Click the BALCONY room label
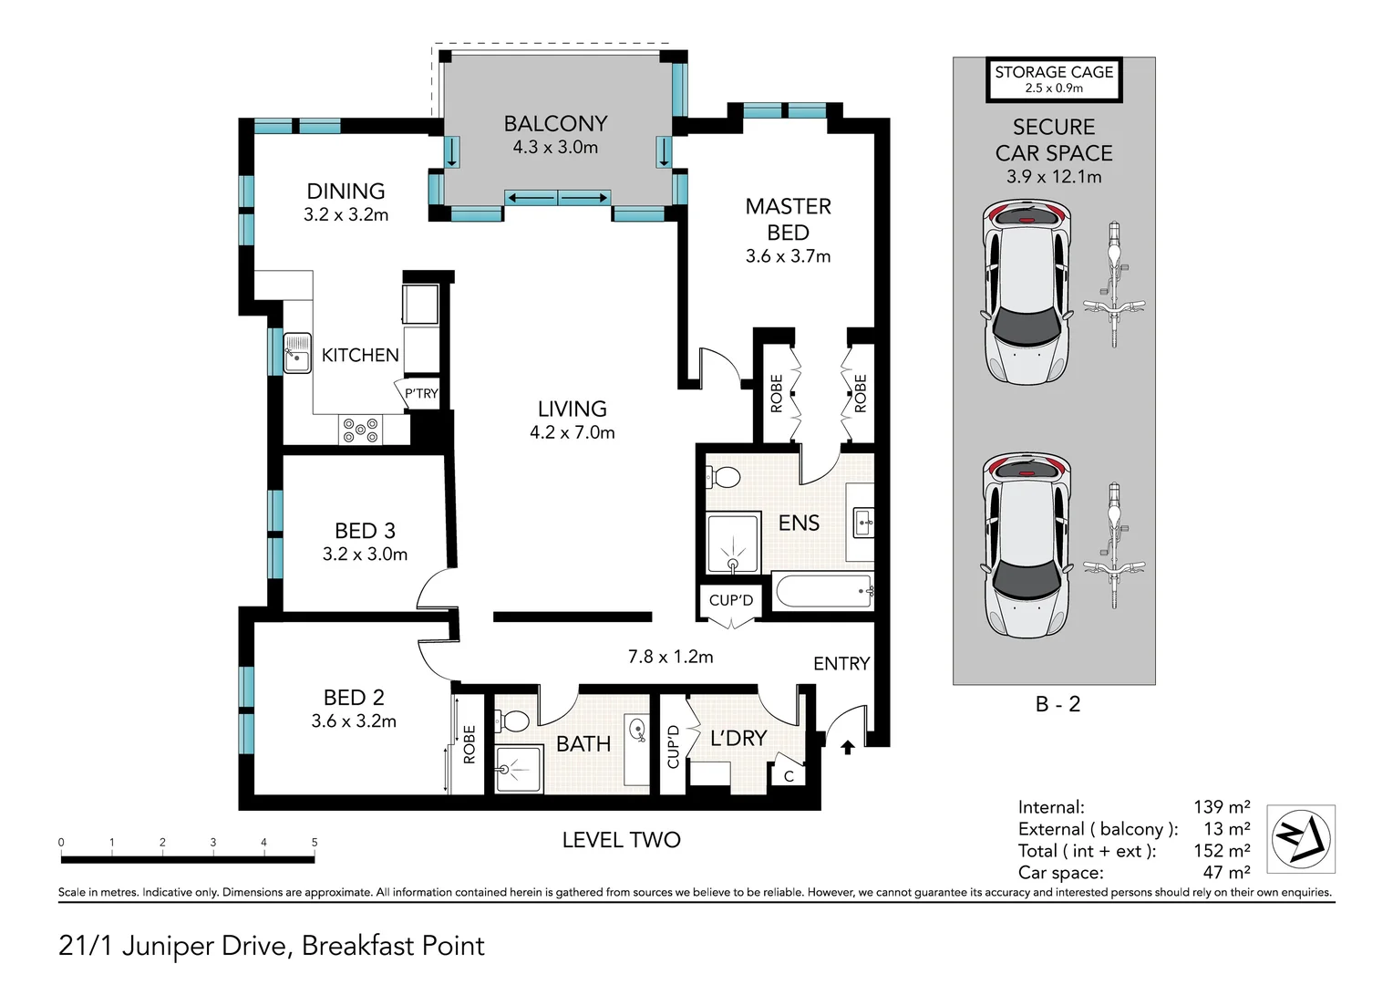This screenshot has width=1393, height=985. pos(555,124)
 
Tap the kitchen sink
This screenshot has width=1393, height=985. pos(297,353)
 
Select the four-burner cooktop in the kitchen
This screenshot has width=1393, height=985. pos(361,430)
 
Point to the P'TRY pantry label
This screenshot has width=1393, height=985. pos(421,393)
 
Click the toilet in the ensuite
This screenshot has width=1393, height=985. pos(723,478)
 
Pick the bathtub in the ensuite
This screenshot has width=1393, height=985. pos(822,590)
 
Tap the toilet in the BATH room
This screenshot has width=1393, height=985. pos(511,721)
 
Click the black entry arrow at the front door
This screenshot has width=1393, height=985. pos(847,747)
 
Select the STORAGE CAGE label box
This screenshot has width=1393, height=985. pos(1054,79)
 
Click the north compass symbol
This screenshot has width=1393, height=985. pos(1301,838)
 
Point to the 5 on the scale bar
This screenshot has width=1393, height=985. pos(315,843)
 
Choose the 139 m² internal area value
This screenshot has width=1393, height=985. pos(1222,807)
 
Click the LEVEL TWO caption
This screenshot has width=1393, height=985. pos(621,840)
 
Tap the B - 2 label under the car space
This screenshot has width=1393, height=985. pos(1058,704)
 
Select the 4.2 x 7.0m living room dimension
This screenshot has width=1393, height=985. pos(573,432)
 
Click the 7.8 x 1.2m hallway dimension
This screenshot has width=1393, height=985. pos(670,657)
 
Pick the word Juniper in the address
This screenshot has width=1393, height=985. pos(168,947)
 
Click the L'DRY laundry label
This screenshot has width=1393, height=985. pos(738,738)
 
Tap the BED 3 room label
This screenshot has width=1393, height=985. pos(365,531)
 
